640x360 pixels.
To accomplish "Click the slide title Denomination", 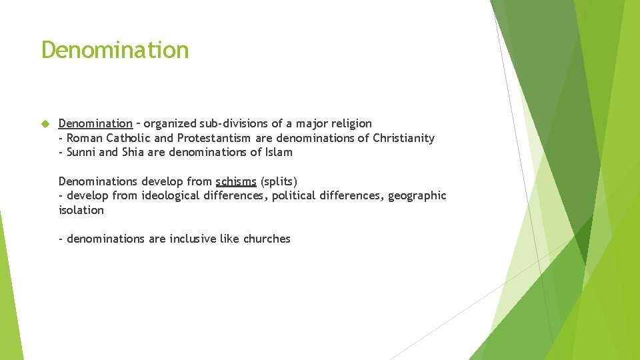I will pos(115,50).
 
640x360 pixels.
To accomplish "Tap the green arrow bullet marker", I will pos(45,124).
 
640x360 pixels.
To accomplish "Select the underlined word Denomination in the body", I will pos(95,123).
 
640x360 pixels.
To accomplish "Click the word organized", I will pos(170,123).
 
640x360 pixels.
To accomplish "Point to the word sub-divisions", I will pos(231,123).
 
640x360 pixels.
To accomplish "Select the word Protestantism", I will pos(214,138).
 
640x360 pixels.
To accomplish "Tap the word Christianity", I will pos(403,138).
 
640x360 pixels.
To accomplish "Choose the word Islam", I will pos(279,152).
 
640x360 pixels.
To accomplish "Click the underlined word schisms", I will pos(236,181).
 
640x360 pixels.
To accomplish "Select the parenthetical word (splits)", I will pos(279,181).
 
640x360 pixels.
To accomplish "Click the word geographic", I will pos(417,195).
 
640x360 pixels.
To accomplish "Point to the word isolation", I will pos(81,210).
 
